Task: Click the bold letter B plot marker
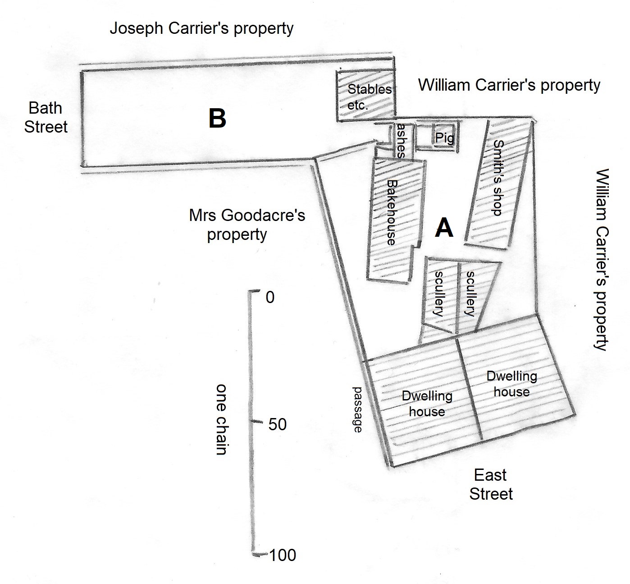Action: tap(217, 119)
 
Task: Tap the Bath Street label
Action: tap(46, 117)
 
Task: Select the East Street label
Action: tap(491, 484)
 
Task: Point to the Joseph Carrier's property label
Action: tap(201, 28)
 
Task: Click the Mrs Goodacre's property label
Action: tap(247, 225)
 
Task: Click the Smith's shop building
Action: tap(496, 180)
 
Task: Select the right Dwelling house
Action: tap(511, 384)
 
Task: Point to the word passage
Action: tap(357, 409)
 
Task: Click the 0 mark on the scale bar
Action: tap(269, 297)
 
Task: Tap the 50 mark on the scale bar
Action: tap(277, 424)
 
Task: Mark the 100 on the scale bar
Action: tap(283, 555)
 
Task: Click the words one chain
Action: tap(221, 419)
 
